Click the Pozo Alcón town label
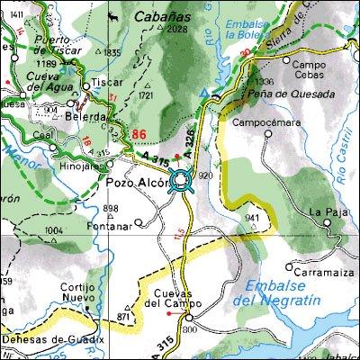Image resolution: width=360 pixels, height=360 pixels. pos(136,182)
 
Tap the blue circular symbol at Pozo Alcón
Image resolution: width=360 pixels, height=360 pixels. pos(183,181)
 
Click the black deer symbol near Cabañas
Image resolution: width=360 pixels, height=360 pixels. pos(112,16)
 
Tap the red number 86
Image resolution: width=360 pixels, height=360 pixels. pos(139,134)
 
